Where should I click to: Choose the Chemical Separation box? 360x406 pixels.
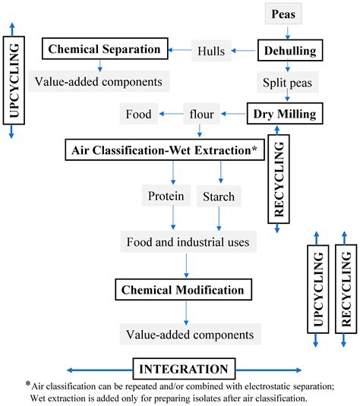pyautogui.click(x=104, y=50)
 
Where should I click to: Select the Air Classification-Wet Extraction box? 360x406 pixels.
pyautogui.click(x=164, y=149)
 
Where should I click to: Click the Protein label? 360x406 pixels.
pyautogui.click(x=165, y=197)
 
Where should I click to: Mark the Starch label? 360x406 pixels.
pyautogui.click(x=219, y=197)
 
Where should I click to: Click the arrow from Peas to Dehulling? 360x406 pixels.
pyautogui.click(x=286, y=32)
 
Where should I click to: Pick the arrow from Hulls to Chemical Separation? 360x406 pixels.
pyautogui.click(x=179, y=50)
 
